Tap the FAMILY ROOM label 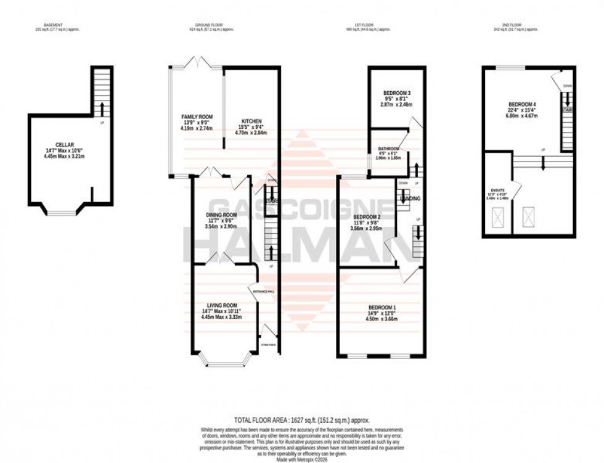[197, 117]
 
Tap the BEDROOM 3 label [396, 93]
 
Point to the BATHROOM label [389, 149]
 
